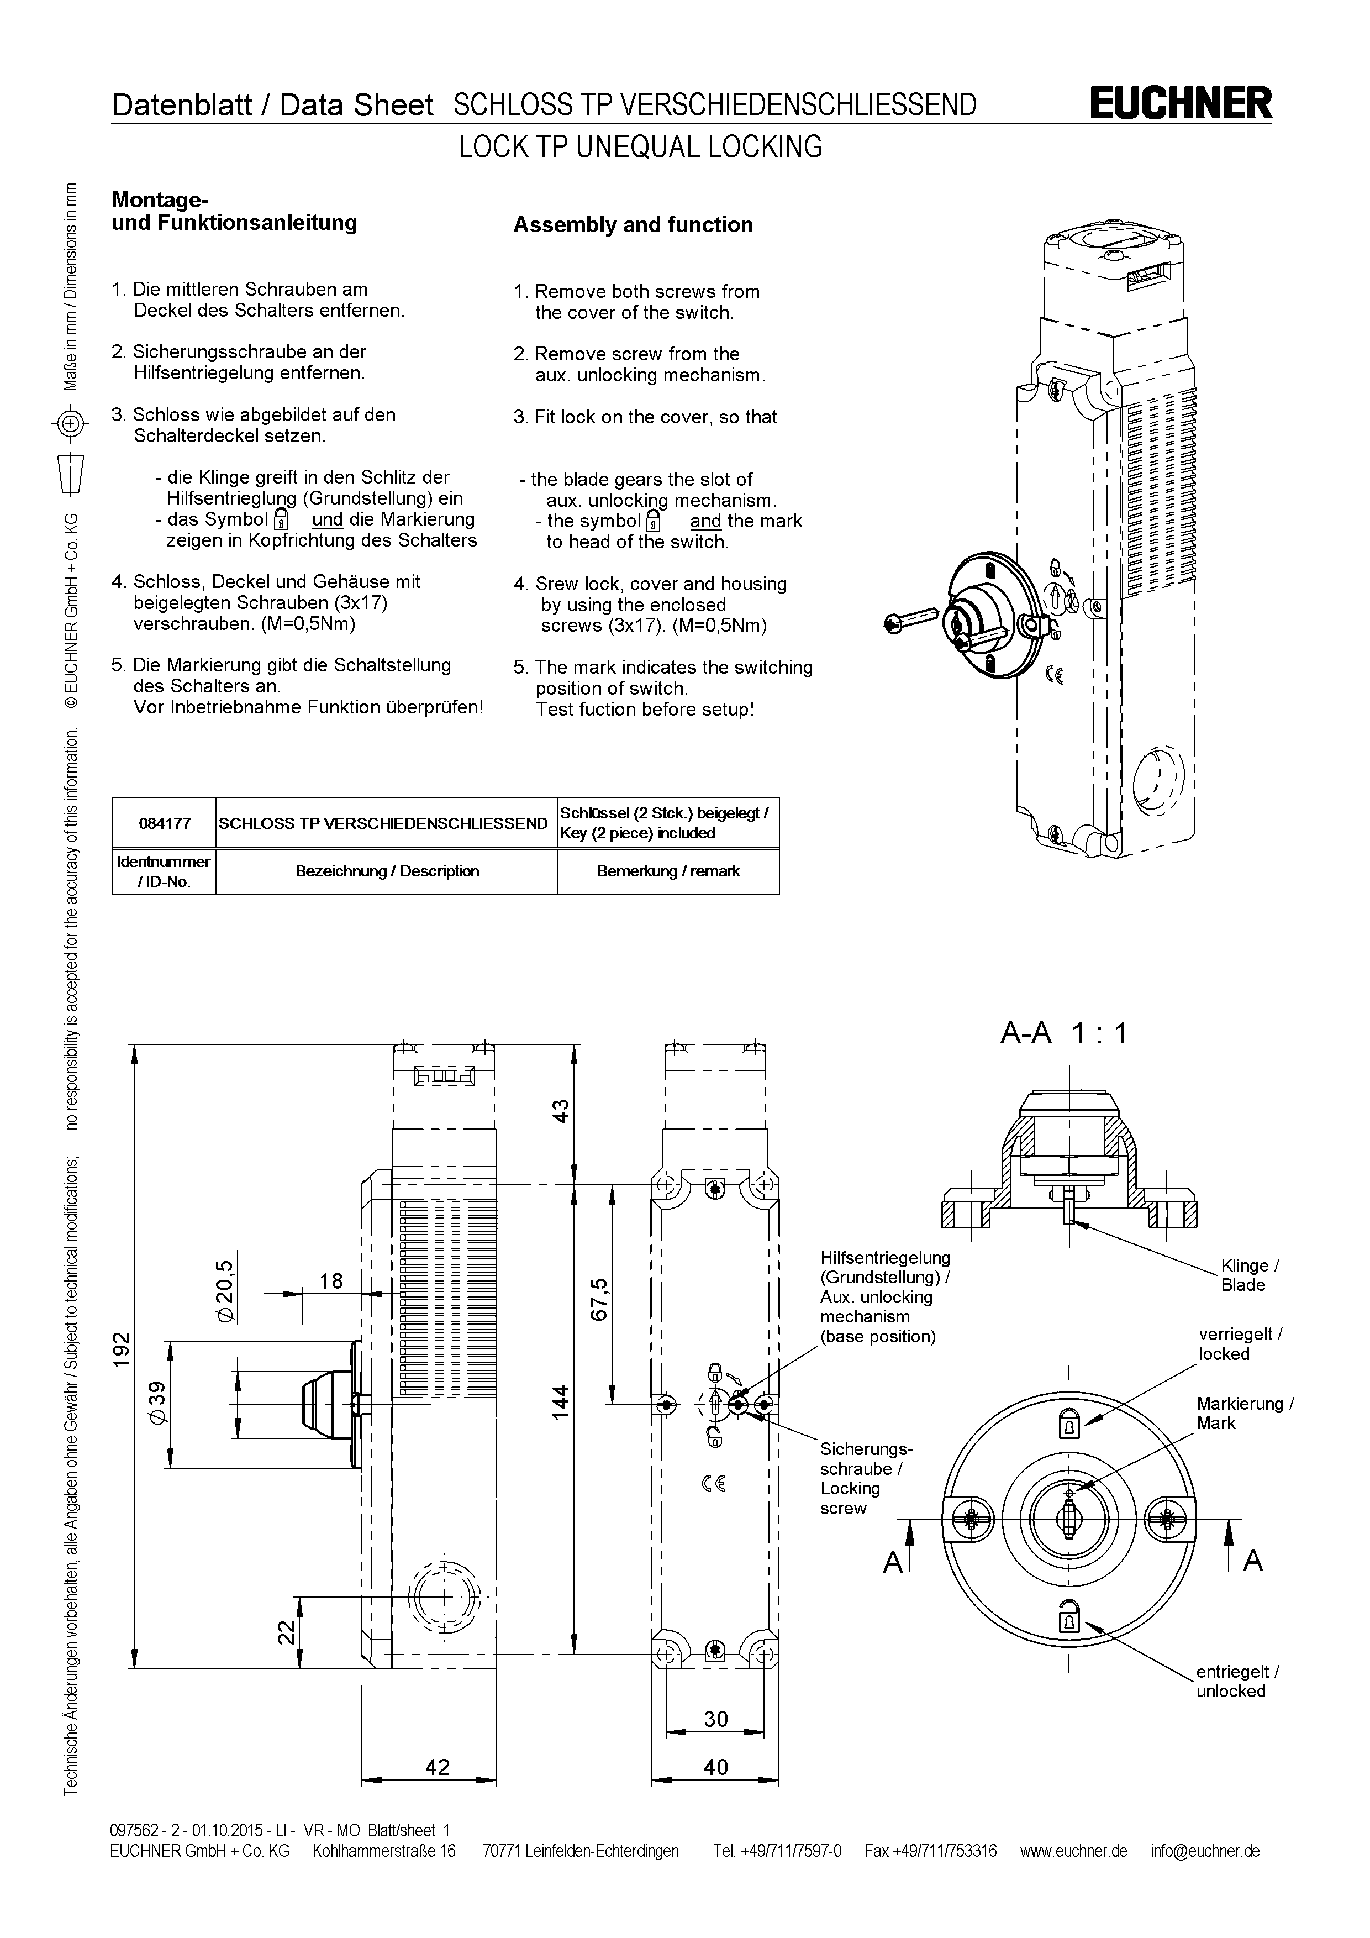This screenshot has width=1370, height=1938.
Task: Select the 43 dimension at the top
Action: coord(561,1110)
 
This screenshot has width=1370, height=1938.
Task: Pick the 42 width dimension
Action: coord(438,1767)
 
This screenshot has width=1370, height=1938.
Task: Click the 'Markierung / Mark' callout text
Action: coord(1244,1413)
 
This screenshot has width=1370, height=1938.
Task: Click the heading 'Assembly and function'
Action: coord(633,224)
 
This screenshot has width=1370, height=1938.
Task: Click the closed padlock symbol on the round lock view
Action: coord(1069,1426)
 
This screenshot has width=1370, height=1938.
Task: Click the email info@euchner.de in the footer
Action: coord(1205,1851)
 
